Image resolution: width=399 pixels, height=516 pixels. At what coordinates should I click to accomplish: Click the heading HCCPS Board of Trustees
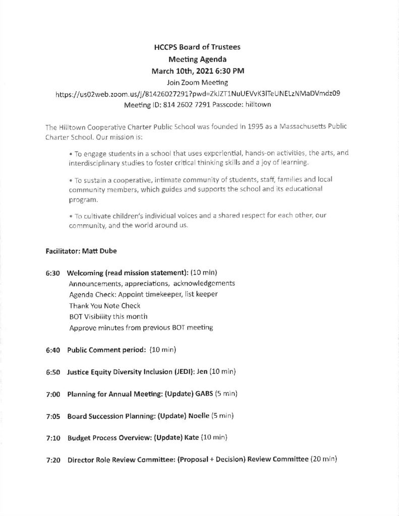point(197,47)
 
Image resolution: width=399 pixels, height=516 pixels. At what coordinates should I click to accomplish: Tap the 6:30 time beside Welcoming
point(52,273)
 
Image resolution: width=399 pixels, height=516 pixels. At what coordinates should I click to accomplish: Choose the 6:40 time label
point(52,349)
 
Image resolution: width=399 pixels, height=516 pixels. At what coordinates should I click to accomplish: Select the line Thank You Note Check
point(105,305)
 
